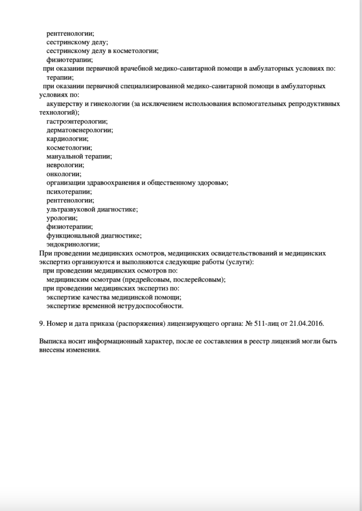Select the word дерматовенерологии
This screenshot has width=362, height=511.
pos(79,130)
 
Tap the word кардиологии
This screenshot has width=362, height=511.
pos(67,139)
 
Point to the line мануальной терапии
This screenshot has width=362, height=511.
pos(79,156)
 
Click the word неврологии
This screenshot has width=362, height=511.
pos(65,165)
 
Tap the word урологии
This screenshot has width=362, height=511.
pos(61,218)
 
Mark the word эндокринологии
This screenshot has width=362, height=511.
pos(73,244)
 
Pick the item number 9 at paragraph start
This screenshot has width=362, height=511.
pos(41,323)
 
